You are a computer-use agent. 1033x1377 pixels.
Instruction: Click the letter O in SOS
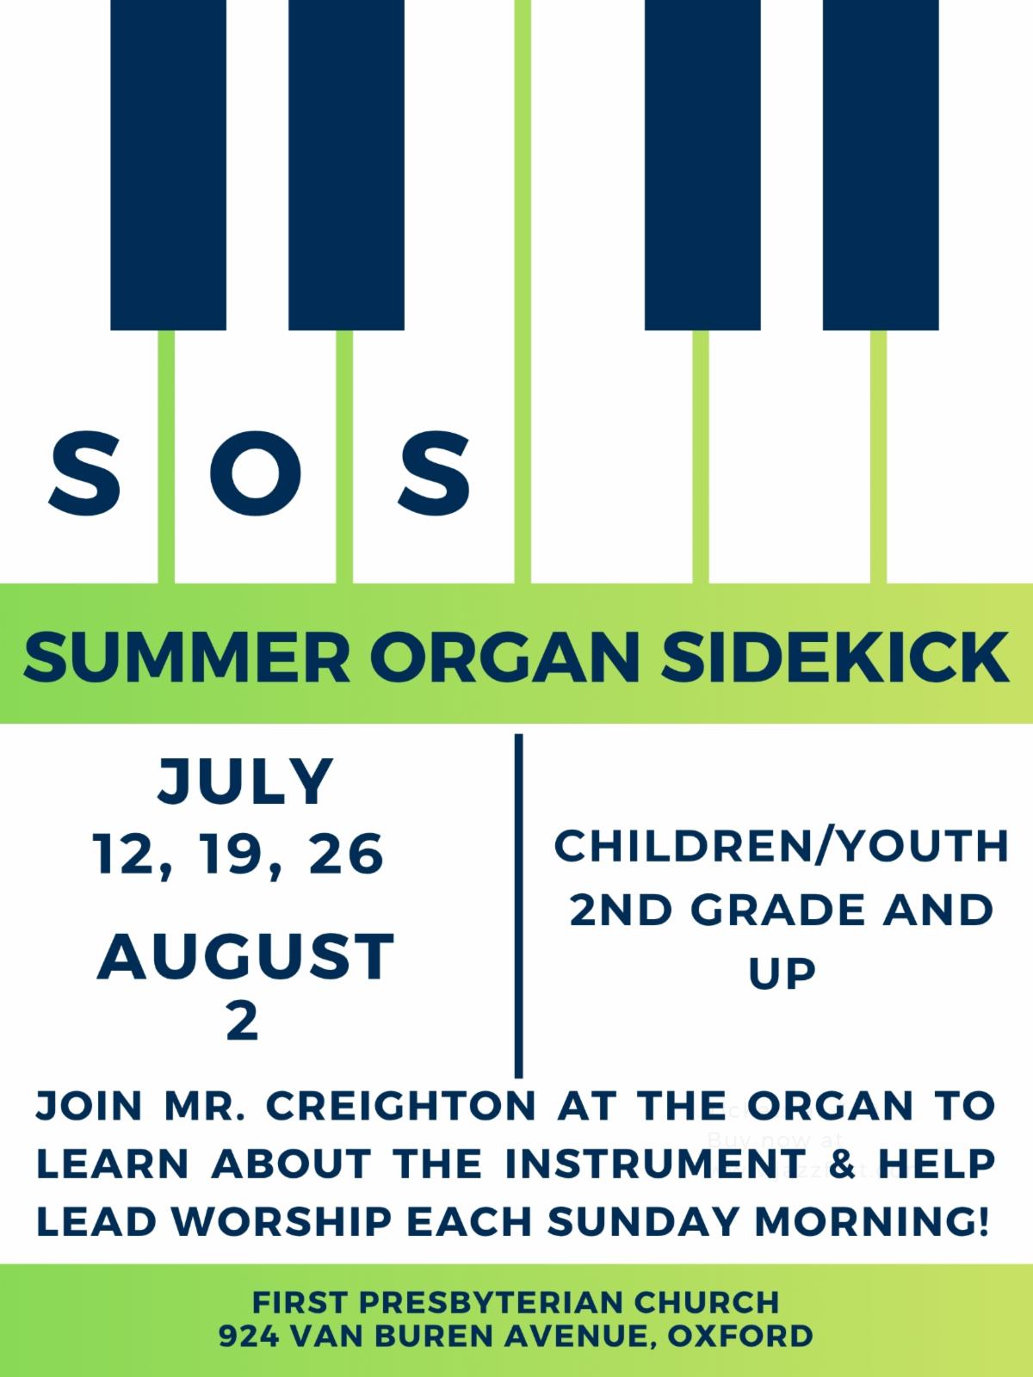256,473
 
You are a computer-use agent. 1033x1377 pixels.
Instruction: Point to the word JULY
245,781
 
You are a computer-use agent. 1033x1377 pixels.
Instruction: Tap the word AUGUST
245,956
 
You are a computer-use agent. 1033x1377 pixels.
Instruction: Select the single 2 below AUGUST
243,1022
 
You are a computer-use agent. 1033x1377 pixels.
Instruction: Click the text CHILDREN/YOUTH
782,846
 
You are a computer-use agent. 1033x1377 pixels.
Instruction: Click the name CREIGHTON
401,1105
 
